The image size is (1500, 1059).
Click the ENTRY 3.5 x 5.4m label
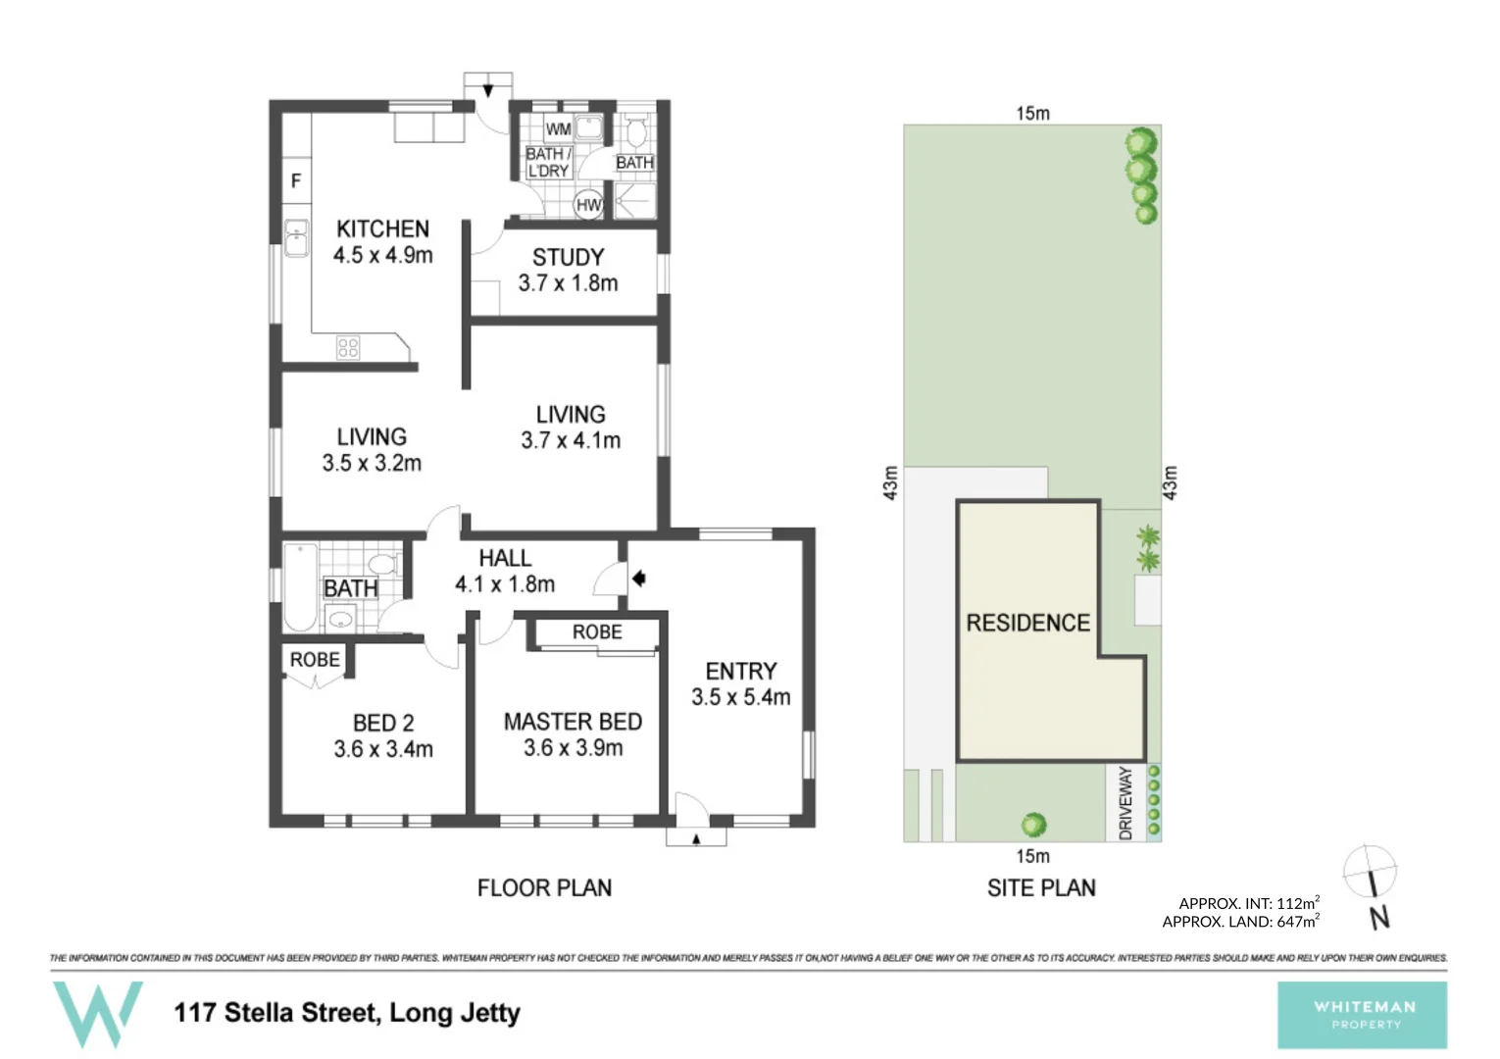point(740,683)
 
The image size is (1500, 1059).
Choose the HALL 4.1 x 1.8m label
point(505,571)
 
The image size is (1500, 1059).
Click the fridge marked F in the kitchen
point(296,180)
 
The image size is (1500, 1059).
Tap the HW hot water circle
point(588,204)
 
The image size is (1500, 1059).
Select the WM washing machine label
point(558,129)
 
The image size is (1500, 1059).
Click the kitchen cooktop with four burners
point(348,347)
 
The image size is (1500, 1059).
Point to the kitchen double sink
point(296,237)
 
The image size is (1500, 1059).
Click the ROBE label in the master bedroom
point(597,632)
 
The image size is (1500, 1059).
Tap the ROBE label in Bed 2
point(315,660)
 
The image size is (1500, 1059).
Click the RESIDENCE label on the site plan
point(1027,623)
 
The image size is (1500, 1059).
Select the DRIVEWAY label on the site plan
point(1125,803)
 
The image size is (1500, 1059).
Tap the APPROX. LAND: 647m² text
point(1240,922)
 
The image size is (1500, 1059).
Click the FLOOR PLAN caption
point(544,887)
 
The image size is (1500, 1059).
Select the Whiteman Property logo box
point(1362,1015)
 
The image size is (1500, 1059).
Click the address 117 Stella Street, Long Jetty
point(347,1012)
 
